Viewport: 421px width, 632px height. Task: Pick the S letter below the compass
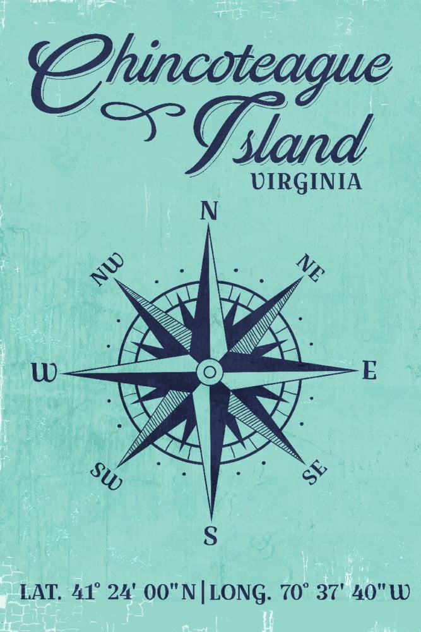click(210, 537)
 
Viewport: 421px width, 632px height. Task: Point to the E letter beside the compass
click(369, 372)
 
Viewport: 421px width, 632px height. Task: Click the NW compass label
click(107, 271)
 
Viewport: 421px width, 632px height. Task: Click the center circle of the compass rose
click(210, 372)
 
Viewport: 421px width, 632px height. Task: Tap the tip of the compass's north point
click(209, 228)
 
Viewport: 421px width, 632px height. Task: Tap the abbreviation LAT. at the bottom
click(41, 593)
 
